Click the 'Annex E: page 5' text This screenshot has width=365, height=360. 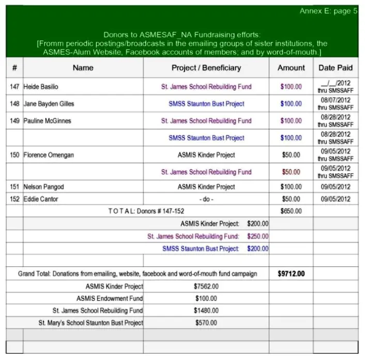click(328, 11)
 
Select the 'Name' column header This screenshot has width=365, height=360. click(83, 68)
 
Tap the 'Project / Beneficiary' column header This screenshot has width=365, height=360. click(206, 68)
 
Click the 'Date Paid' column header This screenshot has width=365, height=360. click(336, 68)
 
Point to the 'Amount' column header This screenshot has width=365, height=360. click(291, 68)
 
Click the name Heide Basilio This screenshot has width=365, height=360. click(41, 87)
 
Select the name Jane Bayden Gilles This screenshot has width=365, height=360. click(49, 104)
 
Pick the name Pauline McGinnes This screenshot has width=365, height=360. click(47, 121)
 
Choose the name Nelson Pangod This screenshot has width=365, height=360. click(43, 187)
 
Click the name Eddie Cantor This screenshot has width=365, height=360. click(41, 199)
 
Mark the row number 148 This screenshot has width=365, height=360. click(14, 104)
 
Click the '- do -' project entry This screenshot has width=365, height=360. click(206, 199)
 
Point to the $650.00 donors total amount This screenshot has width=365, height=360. click(291, 211)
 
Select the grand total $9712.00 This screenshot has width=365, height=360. click(291, 274)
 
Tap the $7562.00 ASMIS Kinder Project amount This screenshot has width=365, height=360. click(206, 286)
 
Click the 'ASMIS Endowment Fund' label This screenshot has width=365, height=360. click(110, 299)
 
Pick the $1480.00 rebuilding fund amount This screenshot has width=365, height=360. click(206, 311)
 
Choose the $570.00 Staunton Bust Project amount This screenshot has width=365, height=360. click(206, 323)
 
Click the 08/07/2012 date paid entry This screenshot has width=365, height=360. click(336, 100)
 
